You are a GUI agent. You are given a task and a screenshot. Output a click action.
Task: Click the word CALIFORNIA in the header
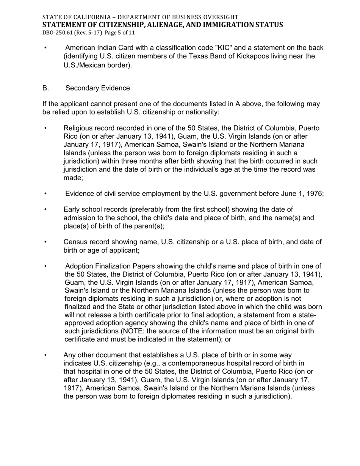click(82, 17)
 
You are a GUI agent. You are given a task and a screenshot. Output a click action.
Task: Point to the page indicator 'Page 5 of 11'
click(119, 33)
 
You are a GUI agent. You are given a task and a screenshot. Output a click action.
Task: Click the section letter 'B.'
click(45, 88)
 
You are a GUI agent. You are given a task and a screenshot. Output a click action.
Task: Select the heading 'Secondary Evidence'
click(97, 88)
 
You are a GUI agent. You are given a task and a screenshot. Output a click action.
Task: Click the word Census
click(75, 242)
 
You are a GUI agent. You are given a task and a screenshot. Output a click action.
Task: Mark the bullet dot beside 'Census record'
click(45, 242)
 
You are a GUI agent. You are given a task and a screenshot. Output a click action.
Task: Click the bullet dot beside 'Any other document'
click(45, 355)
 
